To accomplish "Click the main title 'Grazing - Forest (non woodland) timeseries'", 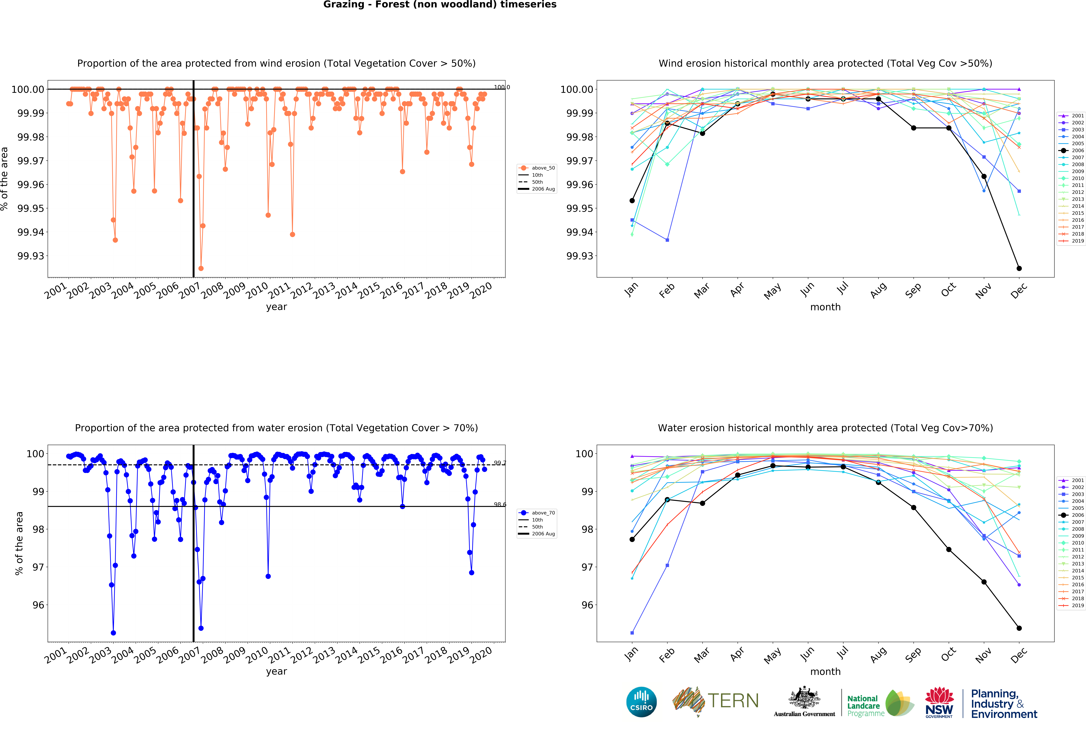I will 440,5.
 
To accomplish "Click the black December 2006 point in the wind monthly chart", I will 1019,268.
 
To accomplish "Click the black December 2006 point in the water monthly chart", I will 1019,628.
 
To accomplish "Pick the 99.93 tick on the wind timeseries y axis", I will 31,256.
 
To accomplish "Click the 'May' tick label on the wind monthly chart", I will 772,291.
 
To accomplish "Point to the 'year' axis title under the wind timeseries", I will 276,307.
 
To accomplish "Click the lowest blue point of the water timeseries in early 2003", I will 113,633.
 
